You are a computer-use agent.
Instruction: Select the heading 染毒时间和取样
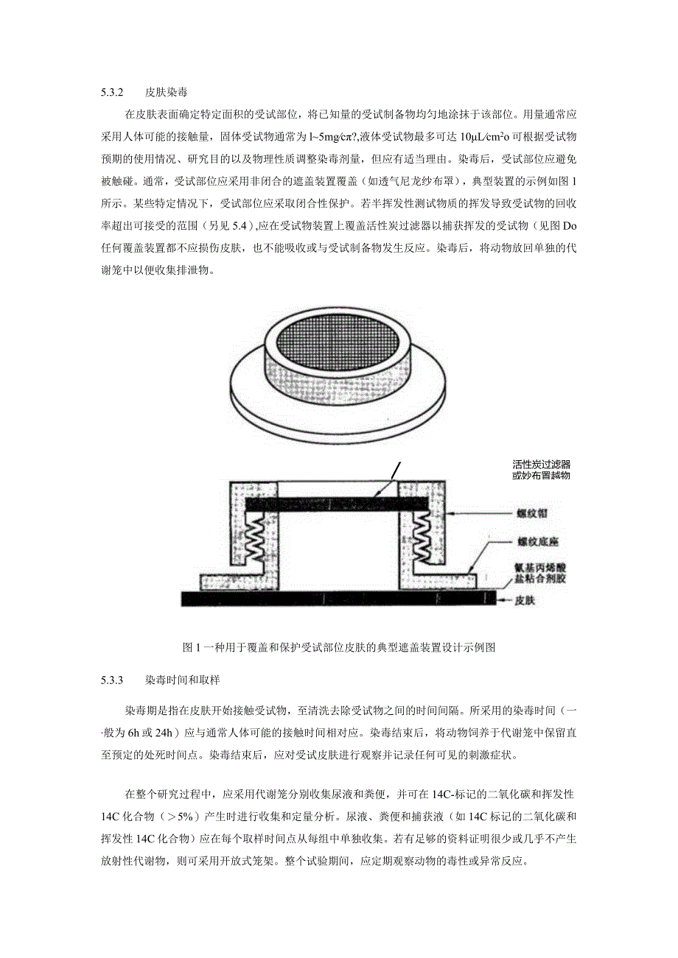coord(180,680)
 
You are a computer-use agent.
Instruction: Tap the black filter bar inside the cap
coord(336,503)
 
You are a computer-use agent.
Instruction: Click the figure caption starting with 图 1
coord(338,647)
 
